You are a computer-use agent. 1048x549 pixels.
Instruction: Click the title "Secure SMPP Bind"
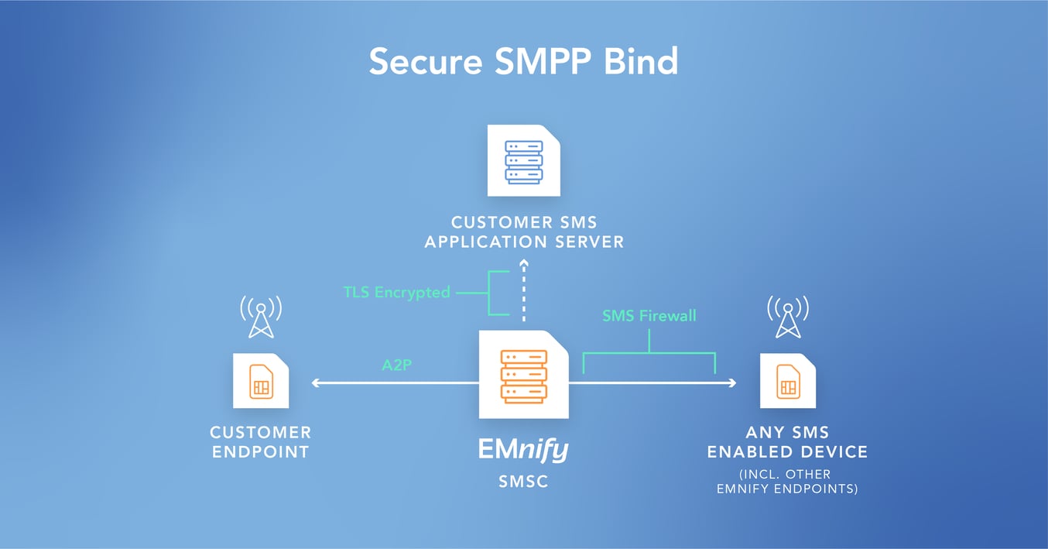coord(523,61)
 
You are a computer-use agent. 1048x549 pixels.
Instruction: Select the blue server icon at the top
coord(523,161)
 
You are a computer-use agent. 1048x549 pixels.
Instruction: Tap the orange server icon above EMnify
coord(523,376)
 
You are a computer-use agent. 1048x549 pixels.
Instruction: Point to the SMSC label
coord(523,482)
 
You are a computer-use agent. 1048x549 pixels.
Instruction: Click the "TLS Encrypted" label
coord(397,293)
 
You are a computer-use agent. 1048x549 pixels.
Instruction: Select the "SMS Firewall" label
coord(649,315)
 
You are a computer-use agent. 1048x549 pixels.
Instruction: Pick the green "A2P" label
coord(396,365)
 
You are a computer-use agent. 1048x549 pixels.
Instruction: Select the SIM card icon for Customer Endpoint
coord(261,381)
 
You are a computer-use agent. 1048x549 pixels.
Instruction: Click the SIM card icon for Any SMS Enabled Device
coord(788,381)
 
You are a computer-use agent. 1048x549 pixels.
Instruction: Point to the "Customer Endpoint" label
coord(261,441)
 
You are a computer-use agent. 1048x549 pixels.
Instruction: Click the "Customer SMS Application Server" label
coord(523,232)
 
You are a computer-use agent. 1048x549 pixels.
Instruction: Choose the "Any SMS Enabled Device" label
coord(788,441)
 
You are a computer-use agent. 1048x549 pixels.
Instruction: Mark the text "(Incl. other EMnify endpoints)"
coord(788,481)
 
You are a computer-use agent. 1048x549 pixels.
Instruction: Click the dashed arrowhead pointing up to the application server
coord(523,262)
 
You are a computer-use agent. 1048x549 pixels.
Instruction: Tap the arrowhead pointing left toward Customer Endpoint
coord(315,383)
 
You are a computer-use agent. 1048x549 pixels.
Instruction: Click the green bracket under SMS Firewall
coord(649,354)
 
